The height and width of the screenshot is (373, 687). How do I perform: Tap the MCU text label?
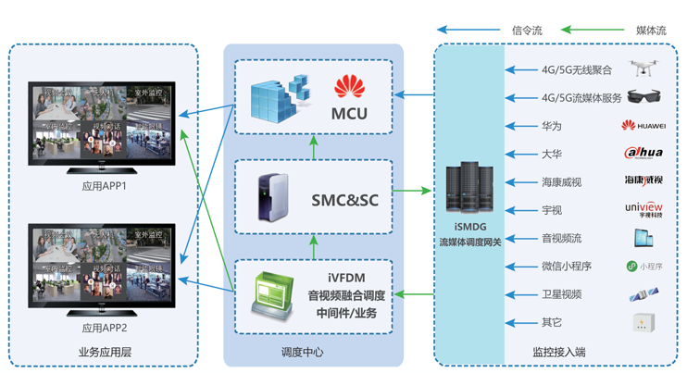click(x=349, y=114)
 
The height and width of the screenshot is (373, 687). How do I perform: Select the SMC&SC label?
click(x=344, y=199)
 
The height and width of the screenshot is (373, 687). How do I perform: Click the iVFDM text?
click(x=346, y=277)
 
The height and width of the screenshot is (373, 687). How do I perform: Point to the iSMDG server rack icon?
click(x=469, y=192)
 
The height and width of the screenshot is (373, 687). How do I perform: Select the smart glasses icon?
click(x=643, y=97)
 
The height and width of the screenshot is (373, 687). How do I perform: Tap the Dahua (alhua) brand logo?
click(x=643, y=153)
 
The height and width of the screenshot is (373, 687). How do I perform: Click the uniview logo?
click(x=643, y=208)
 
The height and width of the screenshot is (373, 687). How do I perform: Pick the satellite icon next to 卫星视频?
click(x=643, y=294)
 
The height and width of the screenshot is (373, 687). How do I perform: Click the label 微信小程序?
click(x=567, y=267)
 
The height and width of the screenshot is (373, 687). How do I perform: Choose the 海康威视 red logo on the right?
click(x=643, y=180)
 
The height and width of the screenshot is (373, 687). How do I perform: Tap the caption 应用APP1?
click(x=104, y=186)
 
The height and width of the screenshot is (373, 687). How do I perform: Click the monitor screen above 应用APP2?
click(x=102, y=265)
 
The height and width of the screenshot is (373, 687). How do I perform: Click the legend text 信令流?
click(x=526, y=31)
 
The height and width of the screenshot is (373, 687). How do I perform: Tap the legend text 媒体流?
click(x=651, y=31)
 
